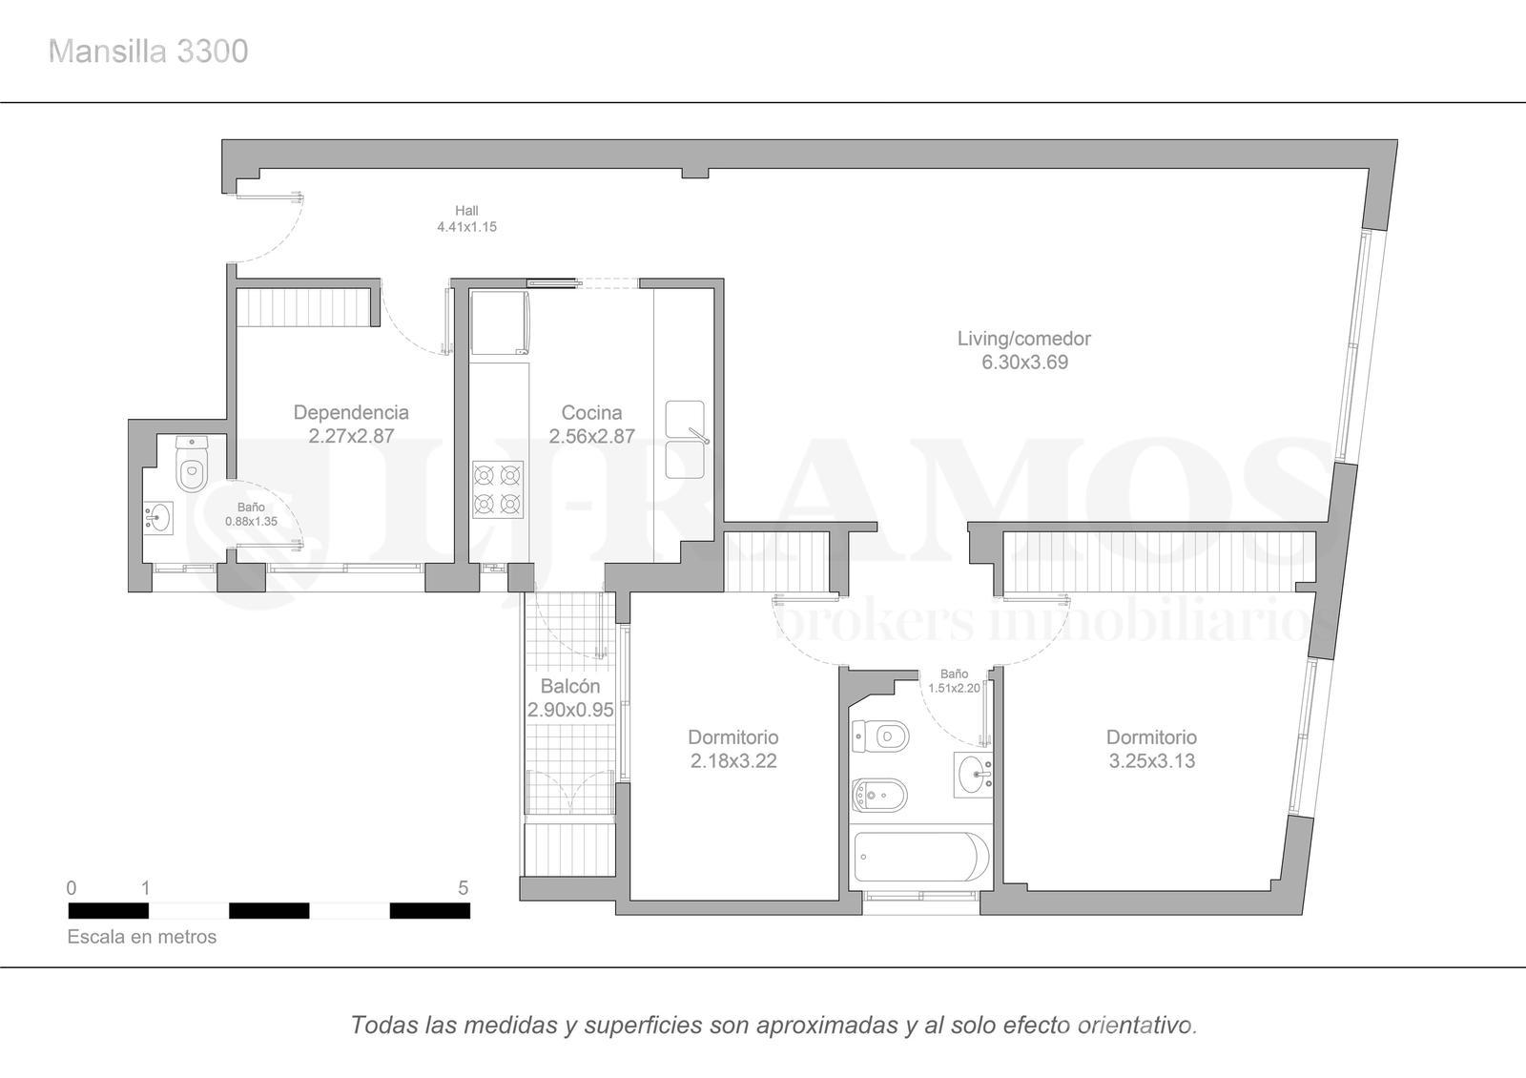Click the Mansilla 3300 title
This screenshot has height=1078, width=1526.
pos(148,52)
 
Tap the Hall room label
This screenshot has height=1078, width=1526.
pos(466,211)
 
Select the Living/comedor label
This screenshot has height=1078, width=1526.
pos(1024,339)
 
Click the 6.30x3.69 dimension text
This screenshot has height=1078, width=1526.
pos(1024,362)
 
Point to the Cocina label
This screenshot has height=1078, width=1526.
pos(591,412)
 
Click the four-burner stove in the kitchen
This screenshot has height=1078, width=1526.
pos(498,489)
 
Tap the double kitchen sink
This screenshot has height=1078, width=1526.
pos(686,440)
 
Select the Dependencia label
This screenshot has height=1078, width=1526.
pos(351,412)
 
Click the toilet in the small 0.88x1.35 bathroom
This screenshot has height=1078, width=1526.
pos(192,464)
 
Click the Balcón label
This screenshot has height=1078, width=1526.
pos(570,686)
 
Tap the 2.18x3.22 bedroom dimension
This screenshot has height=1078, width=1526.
pos(733,760)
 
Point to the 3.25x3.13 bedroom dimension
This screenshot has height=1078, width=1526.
pos(1152,760)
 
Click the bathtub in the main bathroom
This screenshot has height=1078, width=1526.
pos(921,857)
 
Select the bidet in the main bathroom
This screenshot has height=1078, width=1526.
pos(879,796)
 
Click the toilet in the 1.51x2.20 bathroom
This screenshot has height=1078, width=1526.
pos(880,736)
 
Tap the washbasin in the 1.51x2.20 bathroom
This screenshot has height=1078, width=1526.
pos(973,775)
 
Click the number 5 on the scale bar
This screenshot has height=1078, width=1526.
pos(464,888)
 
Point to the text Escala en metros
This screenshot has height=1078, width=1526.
pos(142,937)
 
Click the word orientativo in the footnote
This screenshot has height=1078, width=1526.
pos(1137,1025)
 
